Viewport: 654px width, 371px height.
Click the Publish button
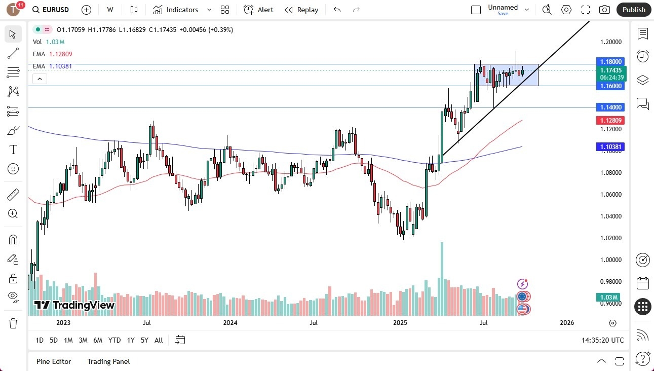coord(634,10)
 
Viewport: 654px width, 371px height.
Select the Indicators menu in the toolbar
coord(176,10)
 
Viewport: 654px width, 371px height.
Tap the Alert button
coord(258,10)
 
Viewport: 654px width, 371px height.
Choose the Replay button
coord(301,10)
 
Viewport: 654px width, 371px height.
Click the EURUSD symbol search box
coord(52,10)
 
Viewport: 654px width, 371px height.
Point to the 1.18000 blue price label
coord(611,61)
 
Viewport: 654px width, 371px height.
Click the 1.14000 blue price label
coord(611,107)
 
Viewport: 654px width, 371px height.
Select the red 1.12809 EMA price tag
coord(611,120)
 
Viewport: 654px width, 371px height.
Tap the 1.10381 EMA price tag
coord(611,146)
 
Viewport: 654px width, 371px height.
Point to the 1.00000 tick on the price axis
coord(611,259)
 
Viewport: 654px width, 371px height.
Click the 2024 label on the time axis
coord(230,322)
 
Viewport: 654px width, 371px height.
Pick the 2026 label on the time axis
coord(567,322)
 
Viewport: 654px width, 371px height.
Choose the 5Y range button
coord(144,340)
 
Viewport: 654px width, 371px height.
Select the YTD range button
coord(114,340)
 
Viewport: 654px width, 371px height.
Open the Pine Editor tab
coord(54,361)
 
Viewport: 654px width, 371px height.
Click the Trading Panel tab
coord(108,361)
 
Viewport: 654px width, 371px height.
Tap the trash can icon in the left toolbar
coord(13,323)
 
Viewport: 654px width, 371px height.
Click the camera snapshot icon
coord(604,10)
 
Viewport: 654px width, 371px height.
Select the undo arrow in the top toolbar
coord(337,10)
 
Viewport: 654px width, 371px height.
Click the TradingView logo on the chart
coord(75,305)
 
